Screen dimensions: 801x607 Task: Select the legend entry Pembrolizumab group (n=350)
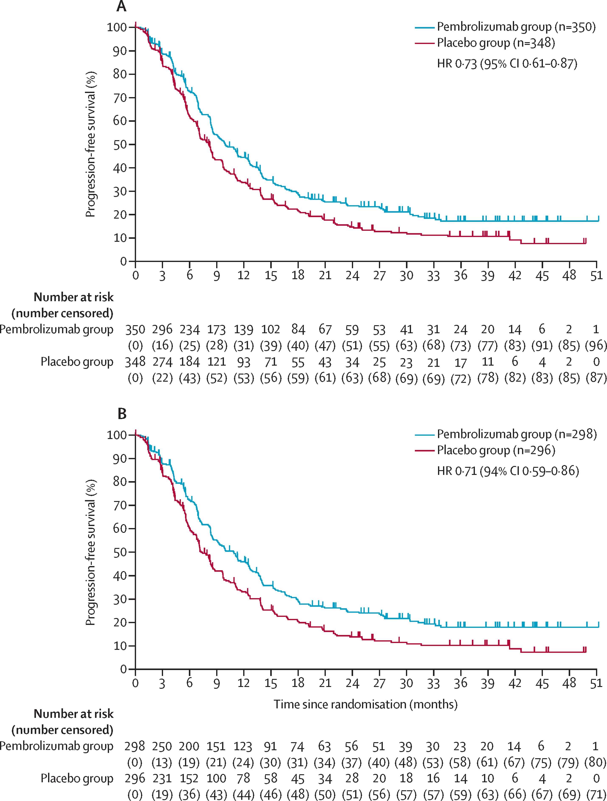[x=516, y=27]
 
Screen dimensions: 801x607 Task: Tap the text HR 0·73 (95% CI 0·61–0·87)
[x=507, y=64]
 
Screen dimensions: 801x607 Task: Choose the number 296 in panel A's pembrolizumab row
[x=162, y=329]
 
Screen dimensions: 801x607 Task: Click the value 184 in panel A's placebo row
[x=189, y=362]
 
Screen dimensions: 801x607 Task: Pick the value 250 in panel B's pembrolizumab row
[x=162, y=746]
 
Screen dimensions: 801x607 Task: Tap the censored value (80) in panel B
[x=595, y=762]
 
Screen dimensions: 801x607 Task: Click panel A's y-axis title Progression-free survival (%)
[x=91, y=144]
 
